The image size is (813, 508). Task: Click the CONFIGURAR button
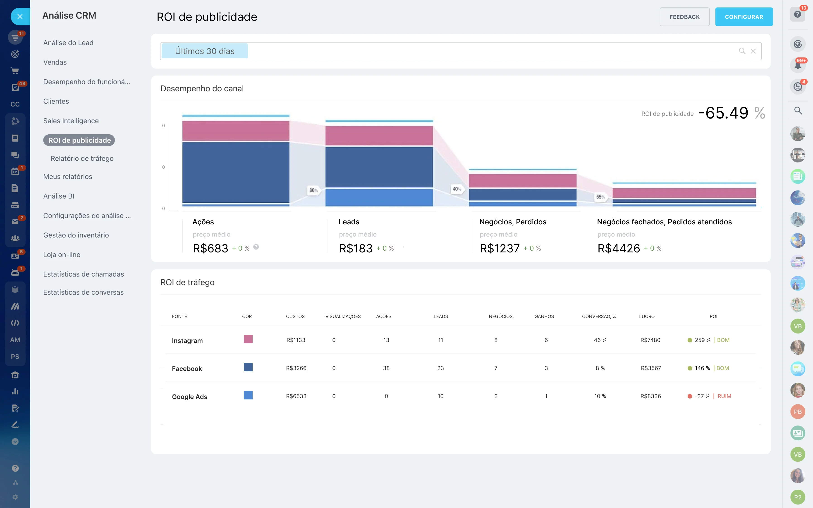click(x=744, y=17)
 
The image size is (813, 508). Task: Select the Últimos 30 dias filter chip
click(x=205, y=51)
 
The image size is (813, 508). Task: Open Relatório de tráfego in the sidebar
click(x=82, y=158)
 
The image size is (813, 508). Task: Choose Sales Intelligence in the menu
click(x=71, y=121)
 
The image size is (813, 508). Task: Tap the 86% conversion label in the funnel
click(x=313, y=190)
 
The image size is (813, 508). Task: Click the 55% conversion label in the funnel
click(x=600, y=197)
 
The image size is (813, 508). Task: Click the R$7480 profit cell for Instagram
click(x=650, y=340)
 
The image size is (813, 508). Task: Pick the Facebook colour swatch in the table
click(x=248, y=367)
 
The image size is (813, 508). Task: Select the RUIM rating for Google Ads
click(x=724, y=396)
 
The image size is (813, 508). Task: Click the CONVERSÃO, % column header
click(x=599, y=316)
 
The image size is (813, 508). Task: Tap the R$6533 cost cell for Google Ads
click(x=296, y=396)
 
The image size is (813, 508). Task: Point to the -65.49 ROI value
click(x=723, y=113)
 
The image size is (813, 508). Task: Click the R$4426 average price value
click(x=619, y=248)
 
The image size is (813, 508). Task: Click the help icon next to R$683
click(x=256, y=247)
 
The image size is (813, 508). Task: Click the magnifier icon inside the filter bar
click(x=742, y=51)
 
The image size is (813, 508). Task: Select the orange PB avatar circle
click(x=798, y=412)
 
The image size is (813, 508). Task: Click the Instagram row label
click(x=187, y=341)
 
